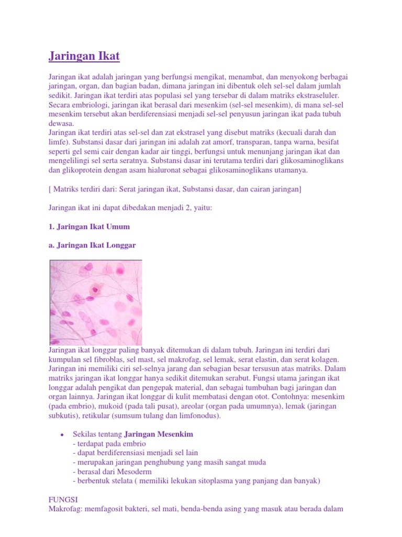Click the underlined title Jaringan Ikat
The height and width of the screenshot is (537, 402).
(x=84, y=56)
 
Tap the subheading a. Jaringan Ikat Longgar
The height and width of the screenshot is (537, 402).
(x=92, y=245)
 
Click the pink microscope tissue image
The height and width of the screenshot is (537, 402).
(x=95, y=302)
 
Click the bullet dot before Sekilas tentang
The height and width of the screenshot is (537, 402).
(x=62, y=435)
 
